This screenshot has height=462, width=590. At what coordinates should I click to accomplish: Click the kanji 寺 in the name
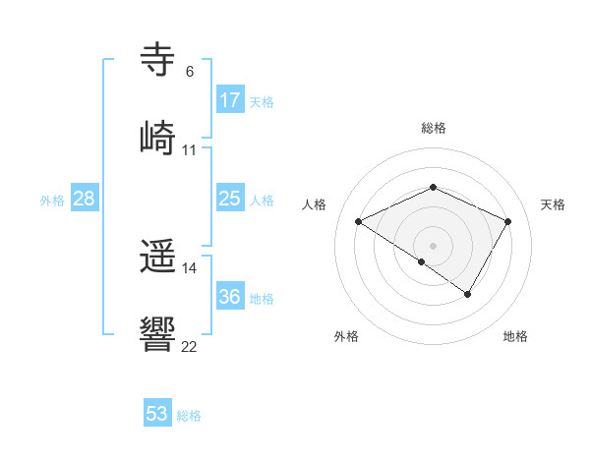click(x=158, y=60)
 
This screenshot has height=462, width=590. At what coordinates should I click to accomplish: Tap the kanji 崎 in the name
click(x=158, y=137)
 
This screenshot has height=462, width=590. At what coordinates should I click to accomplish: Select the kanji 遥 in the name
click(x=158, y=257)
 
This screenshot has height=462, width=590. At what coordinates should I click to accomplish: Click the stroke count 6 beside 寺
click(x=190, y=72)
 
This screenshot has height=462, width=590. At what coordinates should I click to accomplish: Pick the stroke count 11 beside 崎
click(x=190, y=149)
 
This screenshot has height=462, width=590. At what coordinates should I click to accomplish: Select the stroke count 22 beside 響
click(x=190, y=346)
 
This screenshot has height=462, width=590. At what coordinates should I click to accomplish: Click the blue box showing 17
click(x=230, y=100)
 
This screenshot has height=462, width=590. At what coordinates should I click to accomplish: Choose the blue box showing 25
click(x=230, y=200)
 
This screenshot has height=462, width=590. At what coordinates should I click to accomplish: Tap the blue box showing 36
click(x=230, y=297)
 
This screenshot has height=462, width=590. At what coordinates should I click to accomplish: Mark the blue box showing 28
click(x=85, y=199)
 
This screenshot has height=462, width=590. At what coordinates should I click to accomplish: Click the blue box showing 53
click(x=157, y=414)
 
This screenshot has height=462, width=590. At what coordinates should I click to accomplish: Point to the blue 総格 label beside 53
click(x=189, y=416)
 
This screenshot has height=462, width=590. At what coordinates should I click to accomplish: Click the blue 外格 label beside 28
click(x=52, y=201)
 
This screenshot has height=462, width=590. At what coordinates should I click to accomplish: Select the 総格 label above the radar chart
click(x=433, y=128)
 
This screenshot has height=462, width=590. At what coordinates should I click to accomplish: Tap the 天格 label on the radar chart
click(x=553, y=204)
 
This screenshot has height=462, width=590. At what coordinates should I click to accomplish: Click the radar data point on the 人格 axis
click(x=359, y=222)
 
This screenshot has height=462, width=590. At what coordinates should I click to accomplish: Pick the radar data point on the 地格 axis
click(x=468, y=294)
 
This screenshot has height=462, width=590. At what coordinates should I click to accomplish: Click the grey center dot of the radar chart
click(x=433, y=245)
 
